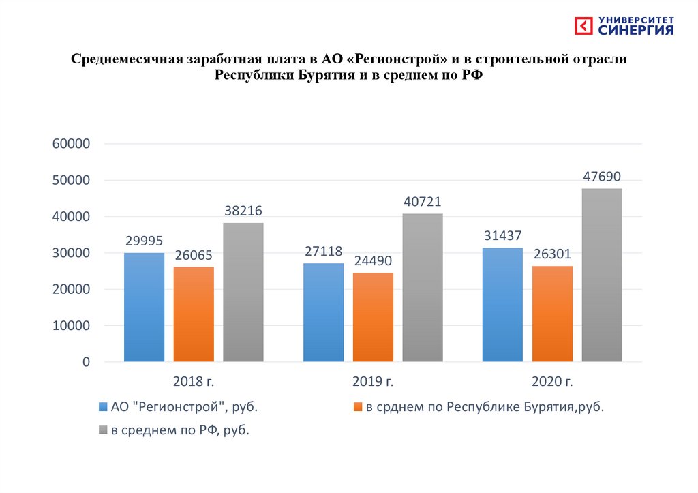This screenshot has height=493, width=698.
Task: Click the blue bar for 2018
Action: coord(144,307)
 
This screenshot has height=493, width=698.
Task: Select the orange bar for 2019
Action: coord(373,317)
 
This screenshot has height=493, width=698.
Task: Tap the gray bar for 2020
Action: coord(602,275)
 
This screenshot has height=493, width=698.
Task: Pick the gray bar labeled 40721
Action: coord(422,287)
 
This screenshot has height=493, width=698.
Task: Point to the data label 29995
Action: coord(144,241)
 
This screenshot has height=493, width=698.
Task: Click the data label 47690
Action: coord(602,176)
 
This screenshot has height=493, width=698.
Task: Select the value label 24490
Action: coord(373,260)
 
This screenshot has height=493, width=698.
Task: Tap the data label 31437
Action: coord(502,236)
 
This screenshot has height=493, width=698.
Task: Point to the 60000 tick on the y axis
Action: coord(70,144)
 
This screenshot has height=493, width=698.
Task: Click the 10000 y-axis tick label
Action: coord(70,326)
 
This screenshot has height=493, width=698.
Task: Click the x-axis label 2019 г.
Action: coord(373,381)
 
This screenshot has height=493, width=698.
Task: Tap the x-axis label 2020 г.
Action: coord(552,381)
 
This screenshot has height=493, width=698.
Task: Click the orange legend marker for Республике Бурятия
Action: coord(359,407)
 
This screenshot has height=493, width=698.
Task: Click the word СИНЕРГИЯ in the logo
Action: coord(636,30)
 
